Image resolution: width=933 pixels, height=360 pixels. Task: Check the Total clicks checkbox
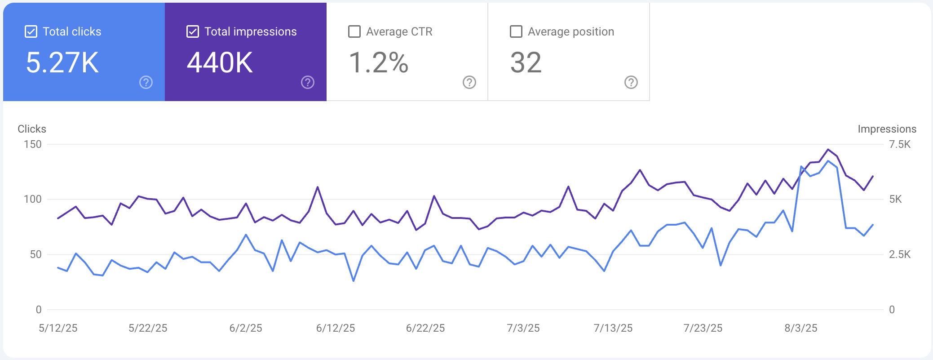tap(31, 31)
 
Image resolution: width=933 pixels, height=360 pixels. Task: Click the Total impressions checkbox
tap(193, 31)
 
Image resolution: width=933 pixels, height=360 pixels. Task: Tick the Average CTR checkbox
tap(354, 31)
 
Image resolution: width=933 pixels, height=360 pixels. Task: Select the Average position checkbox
tap(516, 31)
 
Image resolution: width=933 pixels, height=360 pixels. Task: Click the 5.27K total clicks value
tap(62, 62)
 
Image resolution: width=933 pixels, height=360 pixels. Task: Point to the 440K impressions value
tap(220, 62)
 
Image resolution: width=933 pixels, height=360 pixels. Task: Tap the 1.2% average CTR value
tap(379, 62)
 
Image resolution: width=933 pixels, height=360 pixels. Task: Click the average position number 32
tap(526, 62)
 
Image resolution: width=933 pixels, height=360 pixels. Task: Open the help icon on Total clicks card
tap(146, 82)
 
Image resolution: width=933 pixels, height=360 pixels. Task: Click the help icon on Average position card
tap(631, 82)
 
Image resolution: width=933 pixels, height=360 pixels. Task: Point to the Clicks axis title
tap(32, 129)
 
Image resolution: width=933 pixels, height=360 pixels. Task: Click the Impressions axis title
tap(887, 129)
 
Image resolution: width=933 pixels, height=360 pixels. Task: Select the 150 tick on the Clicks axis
tap(33, 144)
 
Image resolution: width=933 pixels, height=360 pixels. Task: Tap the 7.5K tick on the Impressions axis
tap(900, 144)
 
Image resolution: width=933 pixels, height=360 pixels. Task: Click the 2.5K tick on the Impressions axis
tap(900, 254)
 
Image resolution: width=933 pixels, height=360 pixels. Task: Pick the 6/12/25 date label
tap(336, 328)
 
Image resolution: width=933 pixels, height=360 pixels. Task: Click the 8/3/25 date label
tap(801, 328)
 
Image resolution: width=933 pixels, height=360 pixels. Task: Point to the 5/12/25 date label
tap(58, 328)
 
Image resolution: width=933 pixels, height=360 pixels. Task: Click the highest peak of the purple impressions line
tap(828, 149)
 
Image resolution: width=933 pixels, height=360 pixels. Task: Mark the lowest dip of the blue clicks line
tap(354, 281)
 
